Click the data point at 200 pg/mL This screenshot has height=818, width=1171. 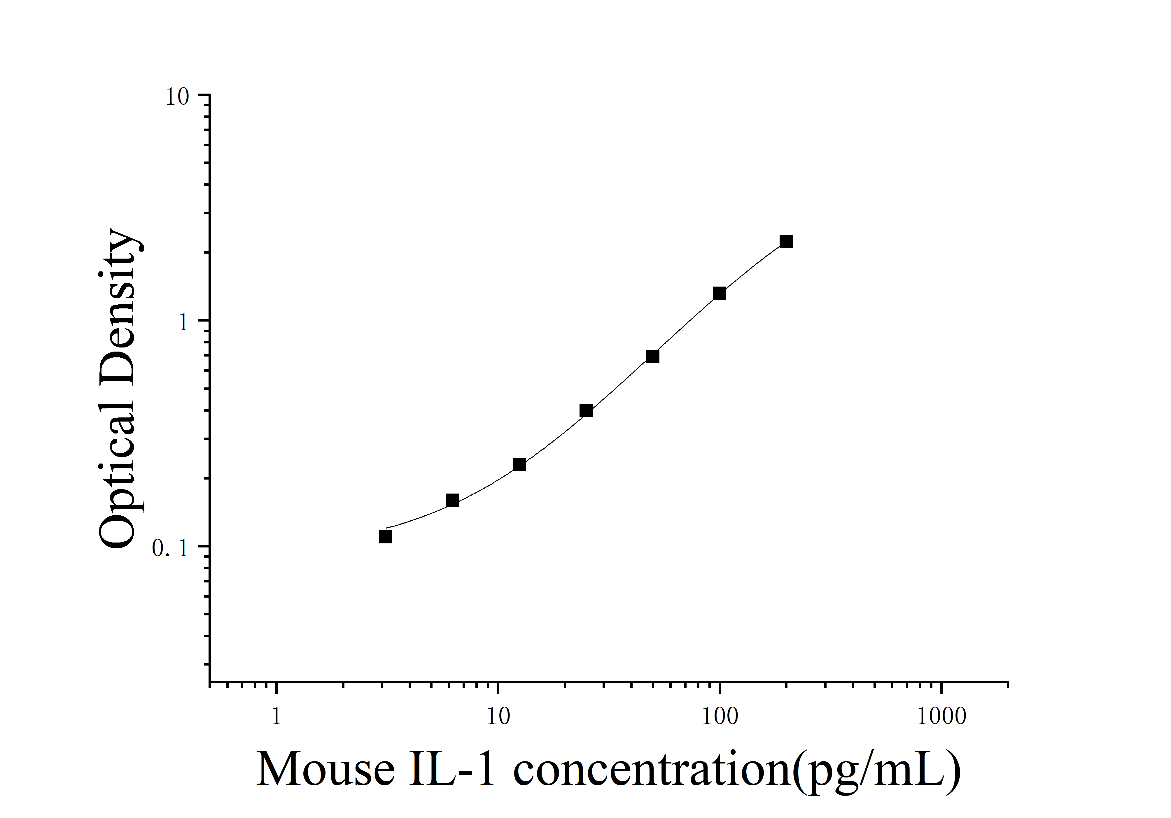pyautogui.click(x=786, y=241)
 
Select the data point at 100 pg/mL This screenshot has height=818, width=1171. pyautogui.click(x=719, y=293)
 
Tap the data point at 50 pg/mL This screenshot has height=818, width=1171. pyautogui.click(x=652, y=356)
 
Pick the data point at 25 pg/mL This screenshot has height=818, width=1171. pyautogui.click(x=586, y=410)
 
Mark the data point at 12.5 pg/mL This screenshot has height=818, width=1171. pyautogui.click(x=519, y=464)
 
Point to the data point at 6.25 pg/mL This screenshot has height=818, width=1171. pyautogui.click(x=452, y=500)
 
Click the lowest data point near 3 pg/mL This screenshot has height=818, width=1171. pyautogui.click(x=386, y=537)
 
